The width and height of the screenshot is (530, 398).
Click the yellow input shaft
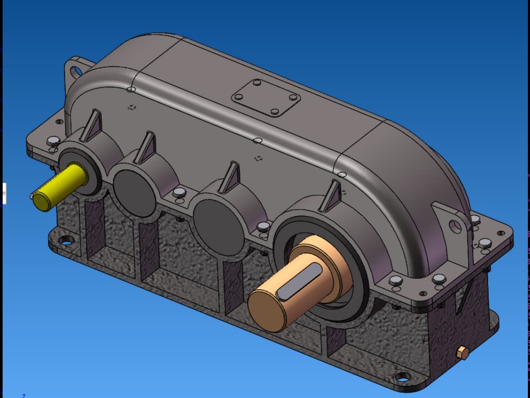pos(58,187)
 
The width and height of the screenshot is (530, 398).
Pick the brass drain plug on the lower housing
pos(462,352)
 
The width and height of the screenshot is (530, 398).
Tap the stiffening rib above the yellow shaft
pos(92,126)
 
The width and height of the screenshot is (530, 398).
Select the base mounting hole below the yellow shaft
pos(65,242)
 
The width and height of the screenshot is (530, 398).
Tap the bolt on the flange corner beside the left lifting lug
pos(52,142)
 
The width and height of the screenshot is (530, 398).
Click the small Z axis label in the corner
pos(23,395)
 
